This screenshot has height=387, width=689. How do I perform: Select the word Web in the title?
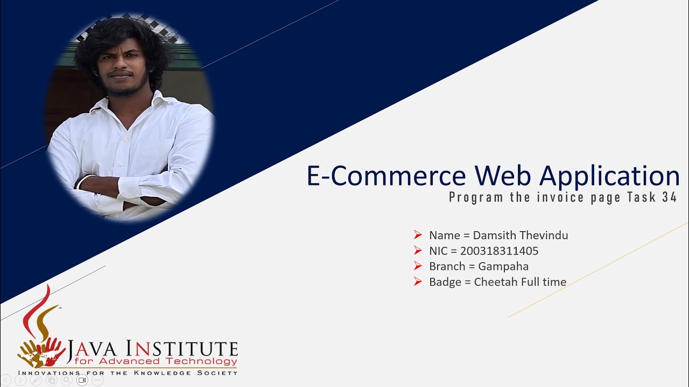[503, 175]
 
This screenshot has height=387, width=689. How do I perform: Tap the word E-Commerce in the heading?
[386, 175]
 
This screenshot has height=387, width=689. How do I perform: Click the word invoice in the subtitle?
[560, 197]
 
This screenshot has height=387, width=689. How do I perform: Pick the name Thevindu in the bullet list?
[544, 235]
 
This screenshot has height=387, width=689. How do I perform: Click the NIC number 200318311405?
[499, 251]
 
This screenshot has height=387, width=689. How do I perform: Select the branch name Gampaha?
[503, 267]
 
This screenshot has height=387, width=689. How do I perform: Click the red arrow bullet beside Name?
[418, 235]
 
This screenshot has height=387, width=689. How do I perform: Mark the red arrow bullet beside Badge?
[418, 281]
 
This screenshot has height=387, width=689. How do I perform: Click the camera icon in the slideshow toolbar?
[82, 380]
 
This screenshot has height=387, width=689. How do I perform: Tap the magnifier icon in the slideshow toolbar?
[67, 380]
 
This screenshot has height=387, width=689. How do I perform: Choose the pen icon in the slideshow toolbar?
[36, 380]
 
